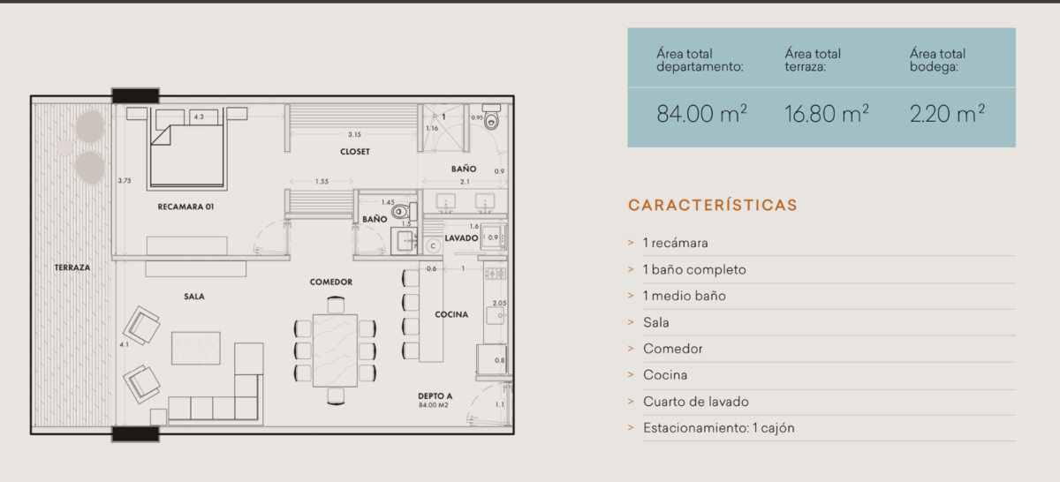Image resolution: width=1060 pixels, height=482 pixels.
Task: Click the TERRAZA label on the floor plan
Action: pos(72,267)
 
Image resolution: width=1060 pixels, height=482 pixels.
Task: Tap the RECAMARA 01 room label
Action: pos(185,207)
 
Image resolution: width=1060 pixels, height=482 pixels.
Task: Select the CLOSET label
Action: pos(355,152)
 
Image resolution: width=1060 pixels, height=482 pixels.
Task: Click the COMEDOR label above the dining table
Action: pos(331,282)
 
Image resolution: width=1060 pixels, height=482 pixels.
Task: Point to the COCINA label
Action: pos(451,314)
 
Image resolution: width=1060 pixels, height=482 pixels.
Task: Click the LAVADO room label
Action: pos(461,238)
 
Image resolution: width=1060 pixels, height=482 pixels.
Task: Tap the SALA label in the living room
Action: pos(194,297)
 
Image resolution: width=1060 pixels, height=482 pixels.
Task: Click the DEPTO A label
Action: pos(435,395)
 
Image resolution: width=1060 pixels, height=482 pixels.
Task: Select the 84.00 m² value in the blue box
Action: pos(701,114)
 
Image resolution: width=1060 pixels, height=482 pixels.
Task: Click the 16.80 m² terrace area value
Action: pos(826,114)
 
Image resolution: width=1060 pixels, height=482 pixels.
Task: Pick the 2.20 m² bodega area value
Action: pos(947,114)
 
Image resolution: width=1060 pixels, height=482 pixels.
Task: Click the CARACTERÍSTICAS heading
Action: pos(713,206)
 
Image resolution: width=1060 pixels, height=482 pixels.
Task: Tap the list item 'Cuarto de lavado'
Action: pos(696,402)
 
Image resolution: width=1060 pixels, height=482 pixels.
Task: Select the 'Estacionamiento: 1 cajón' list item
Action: pos(718,428)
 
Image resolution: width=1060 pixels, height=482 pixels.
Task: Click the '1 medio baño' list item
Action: pos(684,296)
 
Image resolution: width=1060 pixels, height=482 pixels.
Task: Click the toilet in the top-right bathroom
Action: pos(492,117)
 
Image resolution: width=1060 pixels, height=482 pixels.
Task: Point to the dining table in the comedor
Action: pos(335,350)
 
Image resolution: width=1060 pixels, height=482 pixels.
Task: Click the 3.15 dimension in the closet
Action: pos(354,134)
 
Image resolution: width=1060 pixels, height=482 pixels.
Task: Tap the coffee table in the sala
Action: pos(196,348)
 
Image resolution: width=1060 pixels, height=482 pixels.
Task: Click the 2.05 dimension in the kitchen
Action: pos(499,303)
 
